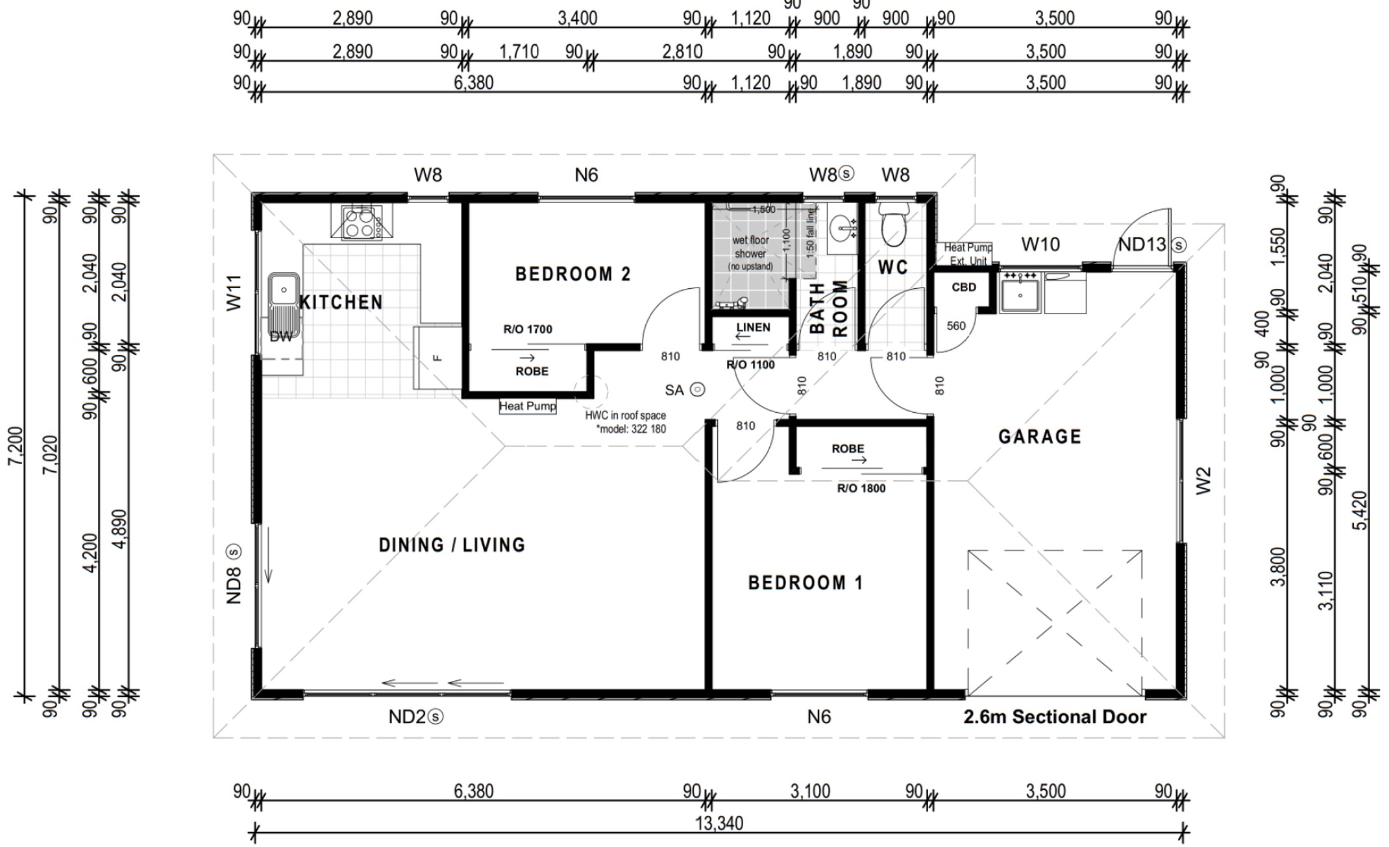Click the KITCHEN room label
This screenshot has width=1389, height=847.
pos(341,302)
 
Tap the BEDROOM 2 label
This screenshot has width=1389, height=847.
pos(572,274)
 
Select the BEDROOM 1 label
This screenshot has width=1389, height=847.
pos(805,582)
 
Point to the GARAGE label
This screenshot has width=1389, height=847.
pos(1040,436)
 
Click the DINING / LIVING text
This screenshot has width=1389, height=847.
pos(452,545)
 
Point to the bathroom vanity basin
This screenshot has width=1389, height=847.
pos(842,228)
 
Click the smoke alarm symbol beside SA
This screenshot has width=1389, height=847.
pos(697,389)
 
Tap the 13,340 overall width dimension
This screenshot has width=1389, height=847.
pos(719,823)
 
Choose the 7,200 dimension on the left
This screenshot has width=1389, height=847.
pos(16,445)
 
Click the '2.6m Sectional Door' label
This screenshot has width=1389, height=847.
pos(1055,717)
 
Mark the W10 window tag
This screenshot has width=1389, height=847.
pos(1040,244)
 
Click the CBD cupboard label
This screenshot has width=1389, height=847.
pos(964,287)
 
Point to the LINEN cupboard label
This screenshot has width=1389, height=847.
pos(753,327)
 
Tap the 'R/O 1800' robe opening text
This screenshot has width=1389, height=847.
pos(861,488)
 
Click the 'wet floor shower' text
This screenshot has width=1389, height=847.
pos(750,247)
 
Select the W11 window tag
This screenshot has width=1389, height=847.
pos(234,293)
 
